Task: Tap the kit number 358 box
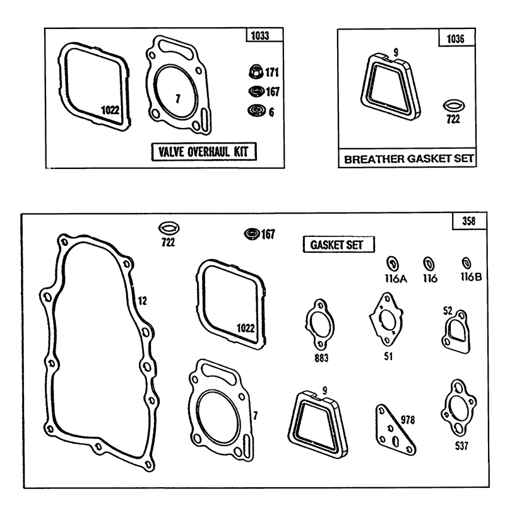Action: pos(469,221)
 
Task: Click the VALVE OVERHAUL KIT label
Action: pos(204,152)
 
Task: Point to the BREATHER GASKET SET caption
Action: pos(409,159)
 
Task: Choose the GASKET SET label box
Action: pos(338,245)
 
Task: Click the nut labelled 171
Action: pos(256,72)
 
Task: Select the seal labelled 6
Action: pos(257,110)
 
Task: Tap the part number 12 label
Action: pos(143,301)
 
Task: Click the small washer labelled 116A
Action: pos(393,263)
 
